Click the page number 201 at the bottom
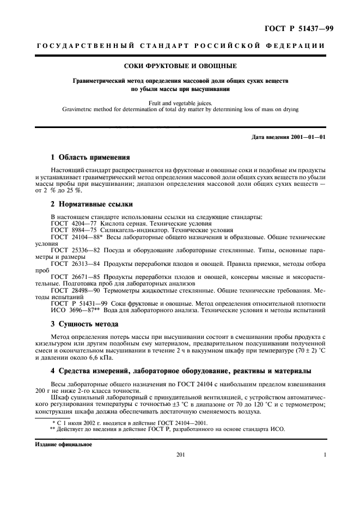[181, 455]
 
